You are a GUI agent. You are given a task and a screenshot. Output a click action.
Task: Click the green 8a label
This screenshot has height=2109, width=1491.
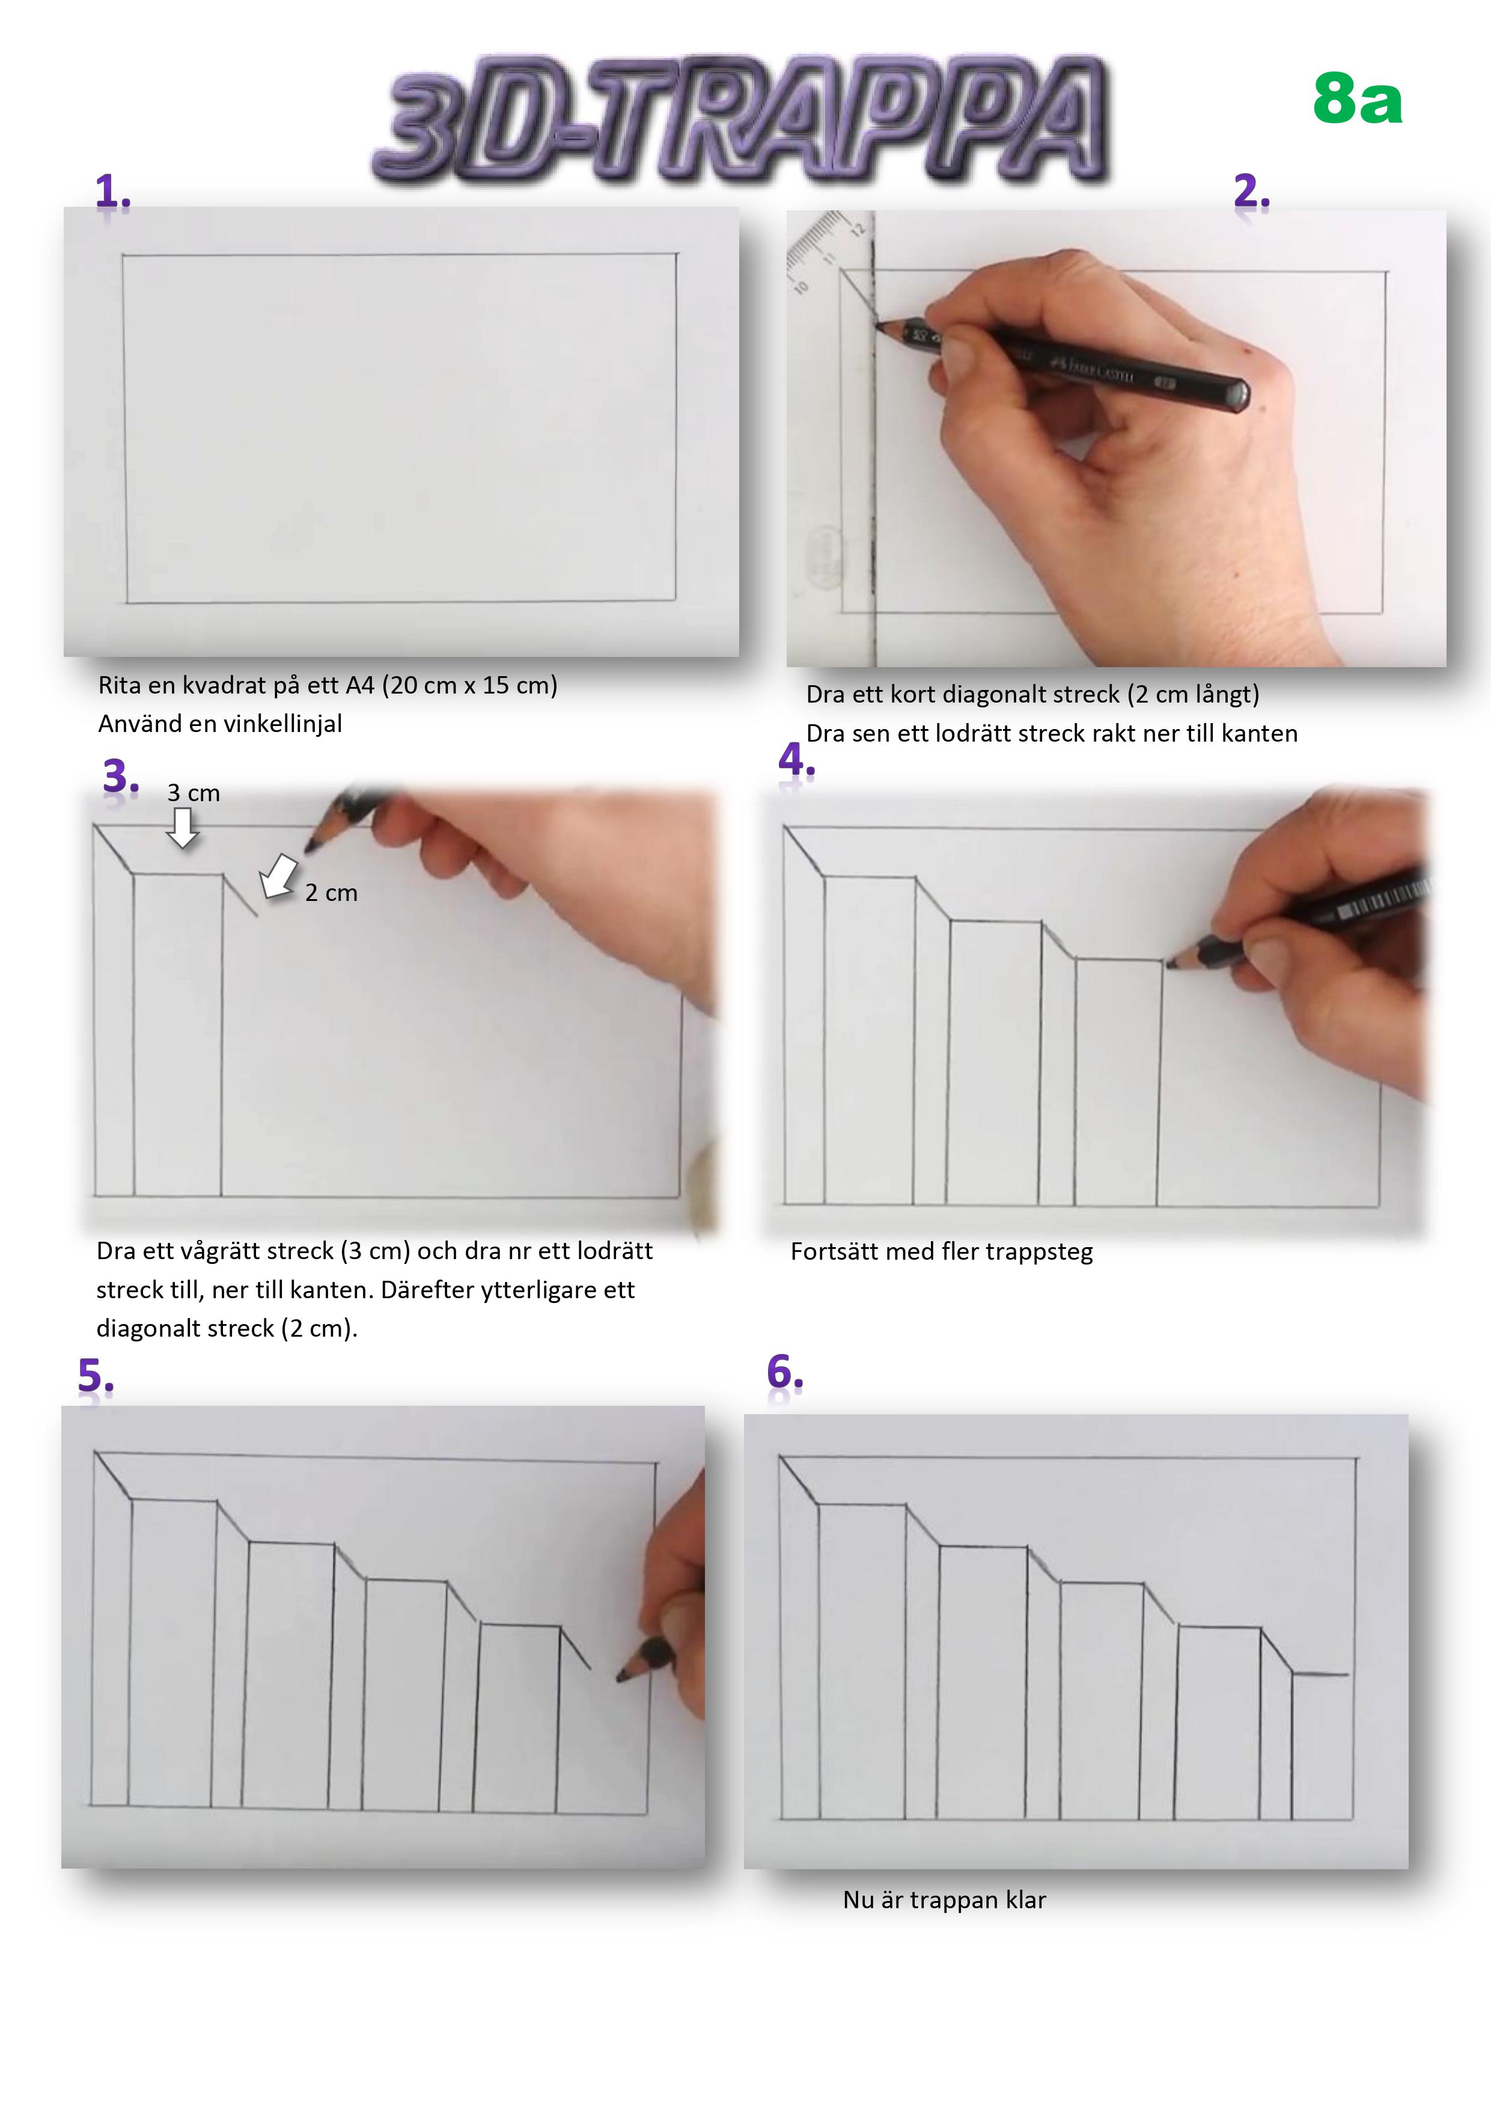1357,99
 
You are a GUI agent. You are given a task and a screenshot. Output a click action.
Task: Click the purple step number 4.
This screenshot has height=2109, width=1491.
796,760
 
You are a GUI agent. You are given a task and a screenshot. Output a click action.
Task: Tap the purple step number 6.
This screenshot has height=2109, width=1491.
785,1373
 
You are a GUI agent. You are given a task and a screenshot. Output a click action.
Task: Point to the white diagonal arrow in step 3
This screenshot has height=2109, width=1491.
278,875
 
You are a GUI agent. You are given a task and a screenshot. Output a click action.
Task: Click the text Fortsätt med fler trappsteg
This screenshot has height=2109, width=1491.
942,1252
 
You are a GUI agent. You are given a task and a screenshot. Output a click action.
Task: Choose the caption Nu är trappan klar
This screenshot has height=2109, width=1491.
944,1900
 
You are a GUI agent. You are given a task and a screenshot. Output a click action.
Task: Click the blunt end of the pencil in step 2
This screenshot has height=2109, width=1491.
1236,394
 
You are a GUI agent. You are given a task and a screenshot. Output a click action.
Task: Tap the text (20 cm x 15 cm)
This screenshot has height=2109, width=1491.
469,685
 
